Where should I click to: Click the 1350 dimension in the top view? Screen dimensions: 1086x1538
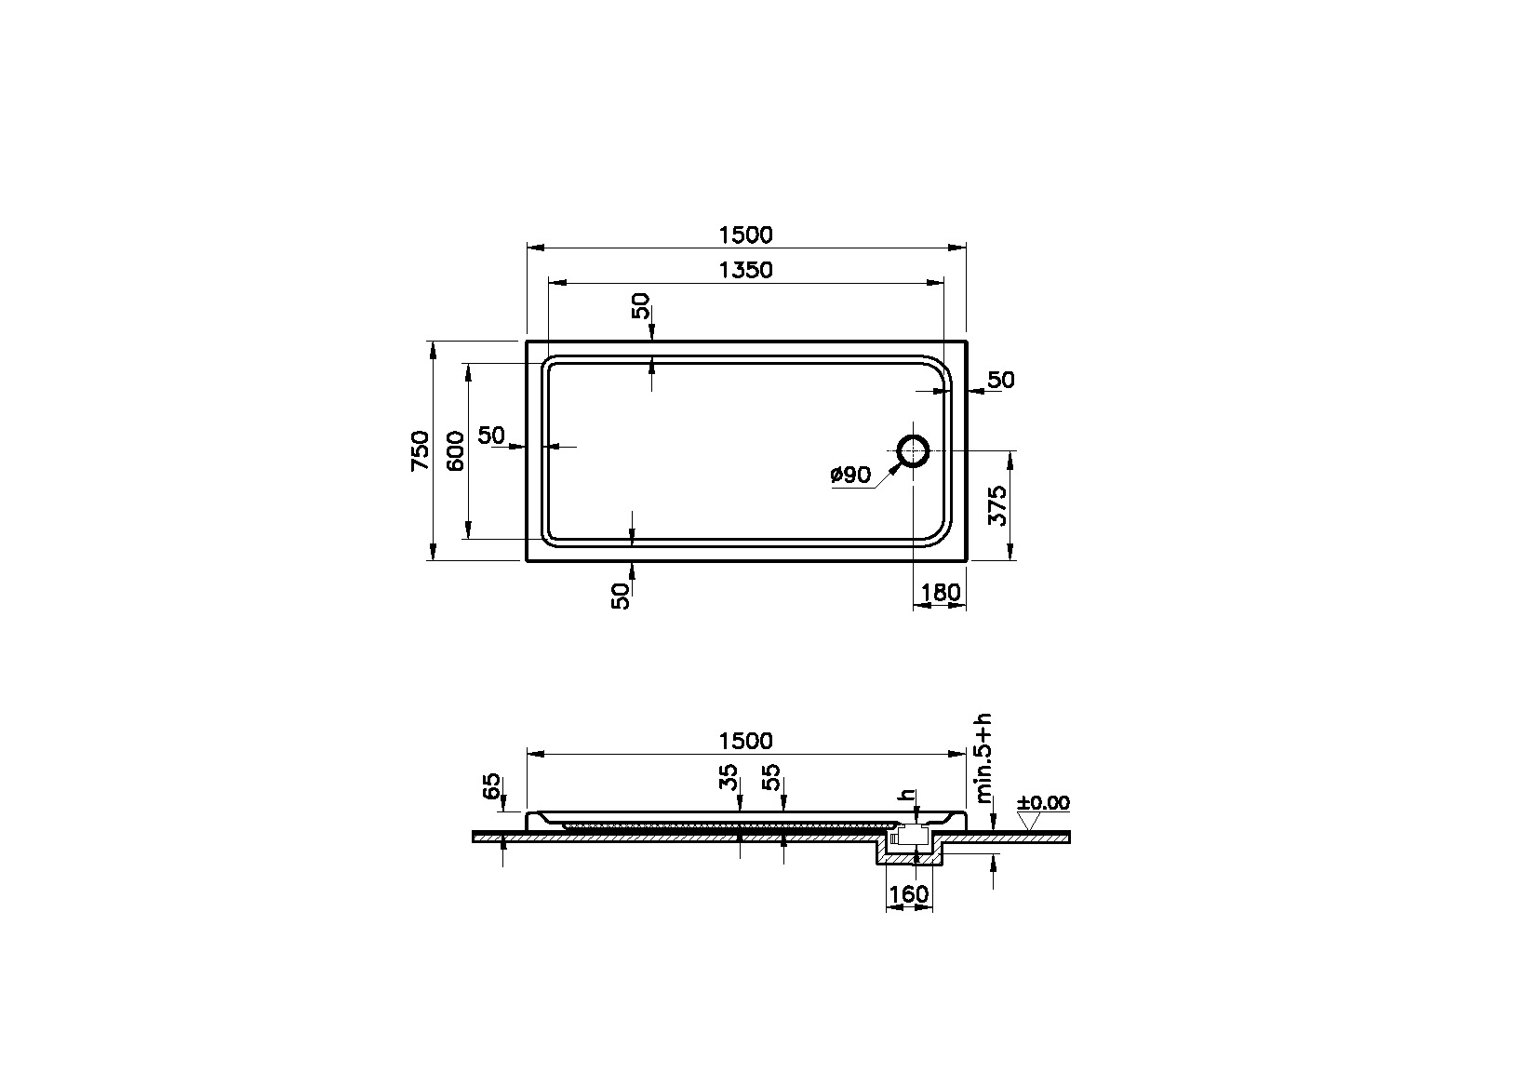tap(745, 270)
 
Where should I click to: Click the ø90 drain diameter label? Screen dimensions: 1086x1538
tap(850, 476)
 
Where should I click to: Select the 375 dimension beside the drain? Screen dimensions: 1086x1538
tap(997, 505)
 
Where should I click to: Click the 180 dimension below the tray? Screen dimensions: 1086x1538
tap(940, 593)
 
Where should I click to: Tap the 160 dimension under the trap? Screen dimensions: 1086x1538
tap(909, 894)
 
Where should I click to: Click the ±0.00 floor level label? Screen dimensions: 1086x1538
tap(1044, 802)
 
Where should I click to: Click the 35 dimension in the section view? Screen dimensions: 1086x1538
tap(729, 776)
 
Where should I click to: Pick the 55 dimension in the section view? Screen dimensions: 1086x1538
tap(770, 776)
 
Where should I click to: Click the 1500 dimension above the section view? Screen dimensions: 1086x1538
tap(745, 741)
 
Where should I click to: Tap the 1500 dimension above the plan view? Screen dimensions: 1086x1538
tap(745, 235)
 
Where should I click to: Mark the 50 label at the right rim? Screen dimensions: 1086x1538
tap(1000, 380)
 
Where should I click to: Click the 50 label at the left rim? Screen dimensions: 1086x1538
tap(490, 435)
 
